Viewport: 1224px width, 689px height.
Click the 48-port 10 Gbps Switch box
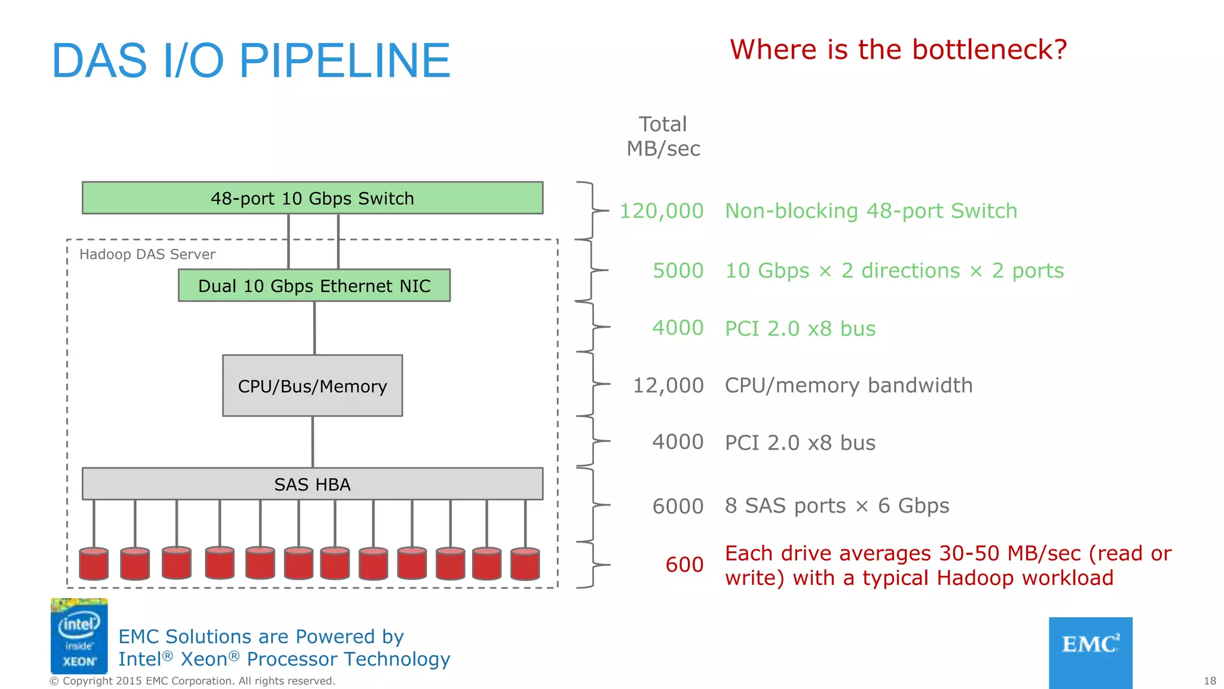[312, 198]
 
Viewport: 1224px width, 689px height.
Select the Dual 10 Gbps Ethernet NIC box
[314, 285]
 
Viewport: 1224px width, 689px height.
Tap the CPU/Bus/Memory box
[312, 386]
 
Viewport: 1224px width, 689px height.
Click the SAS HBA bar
[312, 484]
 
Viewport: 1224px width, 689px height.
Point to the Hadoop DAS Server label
[147, 254]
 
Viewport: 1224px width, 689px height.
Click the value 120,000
[661, 211]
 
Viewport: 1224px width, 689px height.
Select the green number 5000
[678, 270]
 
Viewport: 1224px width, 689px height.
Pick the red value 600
[684, 565]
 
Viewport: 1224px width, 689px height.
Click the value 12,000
[668, 385]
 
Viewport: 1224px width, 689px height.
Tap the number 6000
[678, 506]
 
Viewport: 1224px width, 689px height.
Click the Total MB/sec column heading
[663, 136]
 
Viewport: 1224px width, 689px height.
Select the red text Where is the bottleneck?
[898, 50]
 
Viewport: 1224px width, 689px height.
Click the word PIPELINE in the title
[345, 61]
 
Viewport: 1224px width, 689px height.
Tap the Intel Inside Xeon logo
[79, 636]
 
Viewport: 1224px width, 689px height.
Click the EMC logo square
[1090, 652]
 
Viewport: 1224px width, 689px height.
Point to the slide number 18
[1209, 681]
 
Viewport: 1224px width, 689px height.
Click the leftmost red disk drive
[94, 563]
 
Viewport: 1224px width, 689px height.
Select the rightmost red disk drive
[525, 564]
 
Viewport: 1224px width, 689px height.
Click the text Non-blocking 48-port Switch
[871, 211]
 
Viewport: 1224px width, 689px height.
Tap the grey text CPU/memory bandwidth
[848, 385]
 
